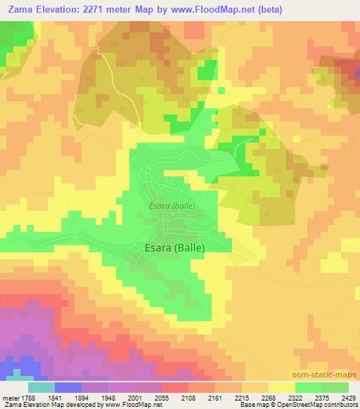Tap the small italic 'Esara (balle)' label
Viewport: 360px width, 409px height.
[172, 206]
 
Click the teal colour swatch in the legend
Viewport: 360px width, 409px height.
[41, 387]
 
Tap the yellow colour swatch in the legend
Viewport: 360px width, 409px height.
[282, 387]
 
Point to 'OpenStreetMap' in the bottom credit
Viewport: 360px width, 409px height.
[308, 405]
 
